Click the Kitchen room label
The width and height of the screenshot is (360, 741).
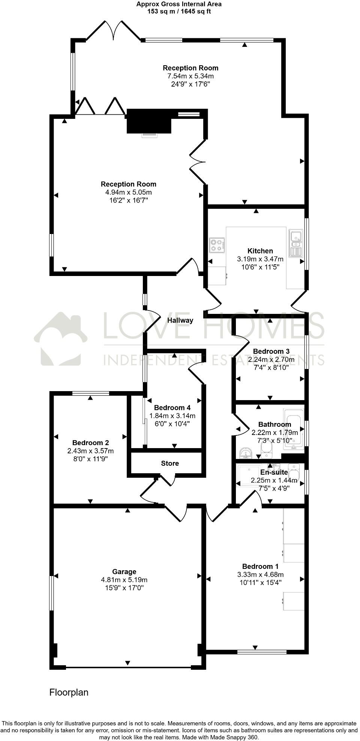pos(260,251)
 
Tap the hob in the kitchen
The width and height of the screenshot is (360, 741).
pos(217,245)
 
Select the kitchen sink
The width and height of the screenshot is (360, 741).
pos(296,243)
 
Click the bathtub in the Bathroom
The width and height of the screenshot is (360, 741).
pos(294,429)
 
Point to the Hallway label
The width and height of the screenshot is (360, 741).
pos(180,320)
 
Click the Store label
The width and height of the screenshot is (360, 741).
pos(170,463)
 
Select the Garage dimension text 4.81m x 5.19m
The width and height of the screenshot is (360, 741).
pos(124,580)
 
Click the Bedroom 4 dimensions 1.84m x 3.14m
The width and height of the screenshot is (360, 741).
pos(172,416)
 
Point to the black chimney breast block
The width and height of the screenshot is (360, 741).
pos(149,121)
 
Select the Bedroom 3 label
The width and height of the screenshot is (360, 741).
pos(271,351)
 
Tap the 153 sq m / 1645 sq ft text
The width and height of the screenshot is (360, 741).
pos(178,11)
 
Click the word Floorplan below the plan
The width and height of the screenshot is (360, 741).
pos(69,692)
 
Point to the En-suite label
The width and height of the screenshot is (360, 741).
pos(274,472)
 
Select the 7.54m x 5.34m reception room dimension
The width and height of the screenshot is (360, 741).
pos(190,76)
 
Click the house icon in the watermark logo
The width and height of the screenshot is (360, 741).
pos(61,339)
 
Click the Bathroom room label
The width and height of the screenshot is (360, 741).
pos(274,424)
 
